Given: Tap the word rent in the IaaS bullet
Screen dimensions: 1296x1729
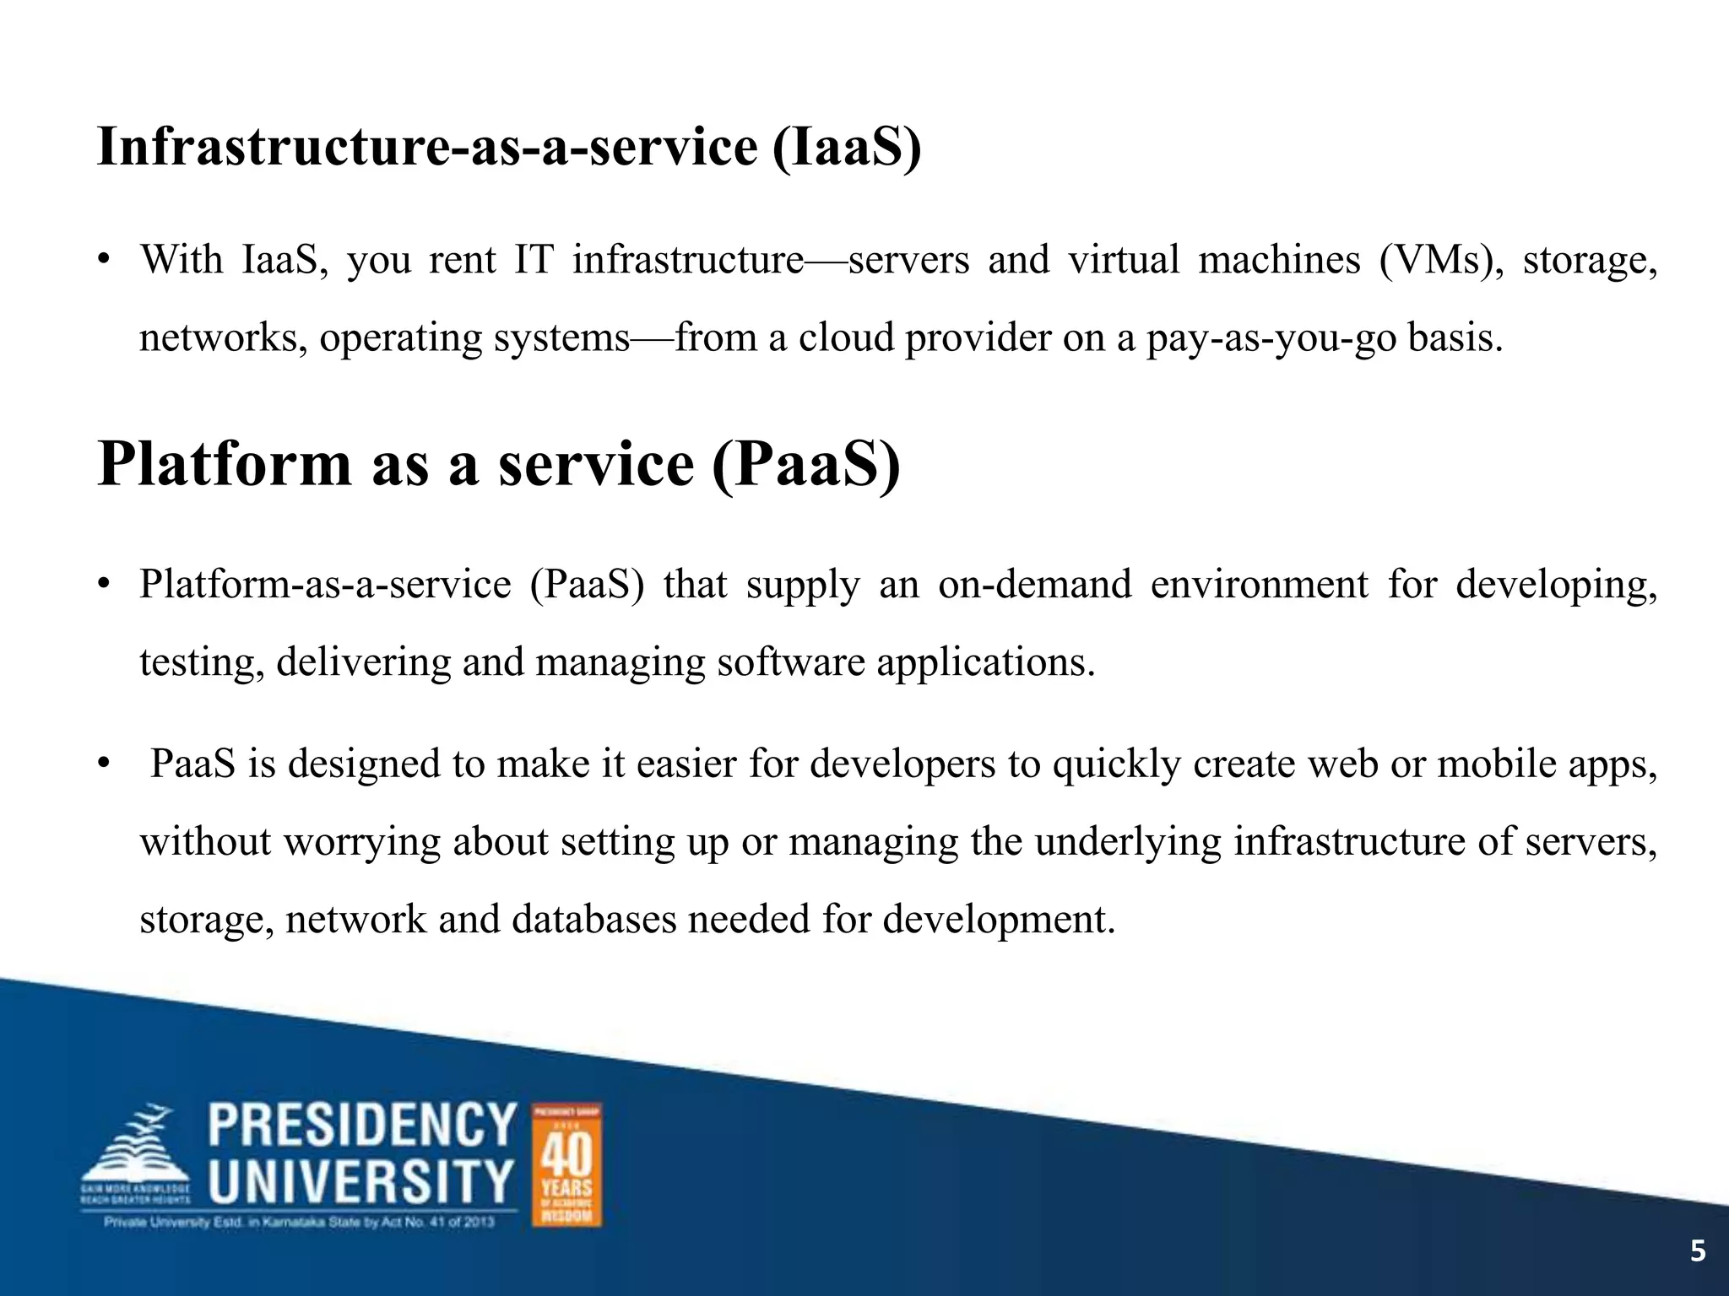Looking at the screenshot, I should [x=461, y=259].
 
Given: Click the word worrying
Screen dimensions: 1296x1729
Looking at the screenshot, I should [x=361, y=841].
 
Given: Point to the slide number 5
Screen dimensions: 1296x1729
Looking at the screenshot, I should [x=1698, y=1250].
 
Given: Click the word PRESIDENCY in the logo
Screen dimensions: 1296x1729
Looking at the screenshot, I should [x=362, y=1124].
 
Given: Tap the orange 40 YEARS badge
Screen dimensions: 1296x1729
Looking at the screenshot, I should [x=566, y=1164].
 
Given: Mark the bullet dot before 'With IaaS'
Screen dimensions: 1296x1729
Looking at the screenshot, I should [x=103, y=259].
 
